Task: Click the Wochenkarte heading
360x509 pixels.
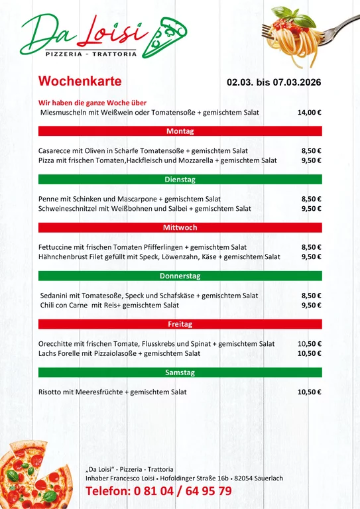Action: pos(80,82)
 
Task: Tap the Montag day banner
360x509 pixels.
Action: pos(180,131)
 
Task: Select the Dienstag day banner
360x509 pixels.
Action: pos(180,180)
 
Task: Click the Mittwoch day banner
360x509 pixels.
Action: pos(180,228)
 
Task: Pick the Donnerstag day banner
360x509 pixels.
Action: pos(180,276)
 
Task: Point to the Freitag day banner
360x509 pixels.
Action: pos(180,324)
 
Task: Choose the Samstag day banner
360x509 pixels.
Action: pos(180,372)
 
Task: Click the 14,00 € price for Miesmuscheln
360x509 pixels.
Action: pos(309,113)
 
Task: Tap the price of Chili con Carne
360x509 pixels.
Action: pos(311,306)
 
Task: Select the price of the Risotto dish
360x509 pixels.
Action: pos(309,392)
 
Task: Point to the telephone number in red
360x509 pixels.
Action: pos(158,491)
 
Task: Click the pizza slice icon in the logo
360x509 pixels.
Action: pos(170,33)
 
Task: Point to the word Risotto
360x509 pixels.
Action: pos(50,392)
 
